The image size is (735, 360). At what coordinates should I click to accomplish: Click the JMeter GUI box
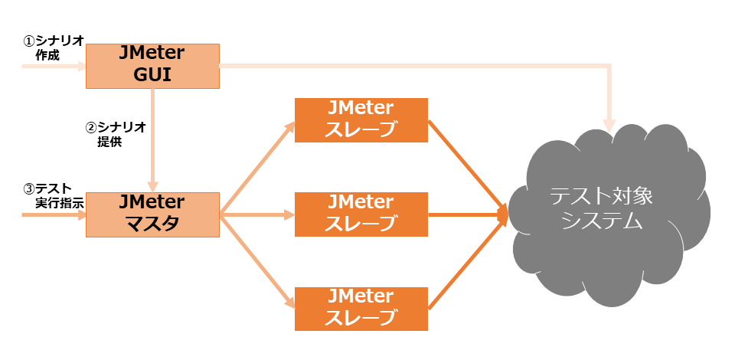[152, 66]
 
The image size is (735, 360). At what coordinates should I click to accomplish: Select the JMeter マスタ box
[152, 214]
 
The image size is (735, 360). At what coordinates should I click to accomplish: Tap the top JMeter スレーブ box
[361, 119]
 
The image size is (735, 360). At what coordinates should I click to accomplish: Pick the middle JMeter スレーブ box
[361, 214]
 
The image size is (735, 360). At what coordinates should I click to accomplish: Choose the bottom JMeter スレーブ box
[361, 309]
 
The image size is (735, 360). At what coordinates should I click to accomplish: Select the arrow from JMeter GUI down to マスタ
[153, 138]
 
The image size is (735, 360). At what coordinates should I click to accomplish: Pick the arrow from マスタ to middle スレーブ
[256, 215]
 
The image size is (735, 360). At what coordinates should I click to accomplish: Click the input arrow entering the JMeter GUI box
[54, 67]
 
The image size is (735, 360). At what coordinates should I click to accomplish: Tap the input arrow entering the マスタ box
[54, 215]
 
